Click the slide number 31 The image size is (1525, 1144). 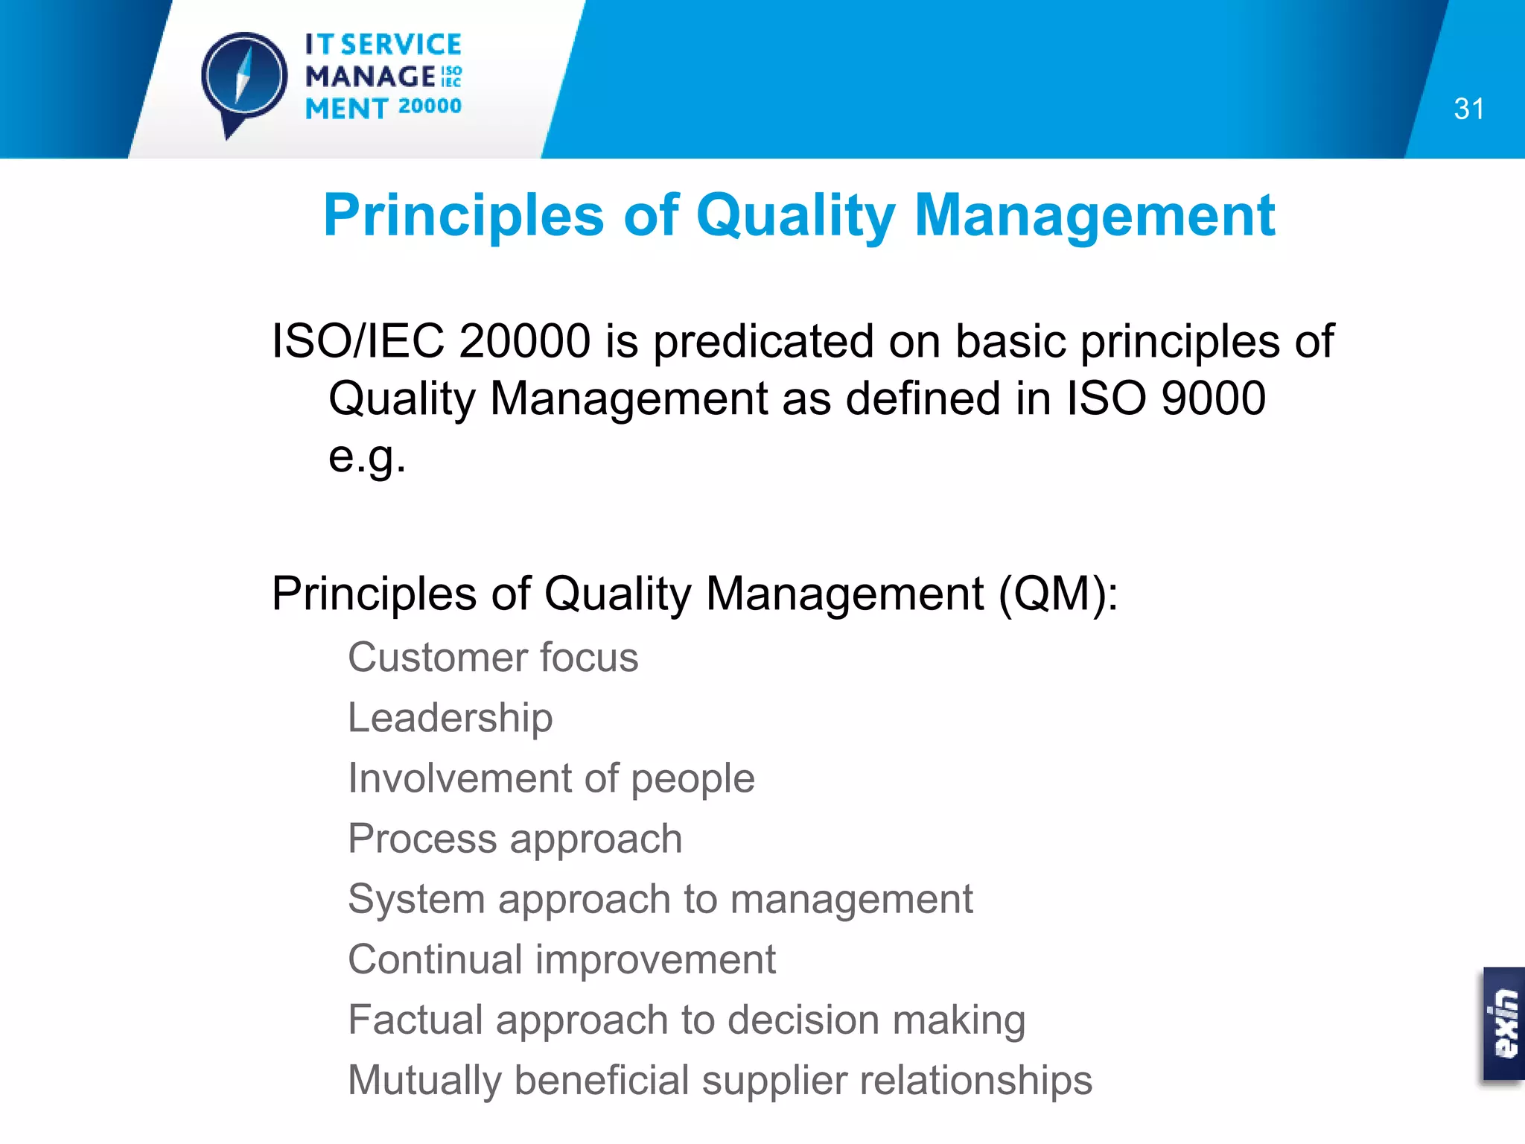coord(1468,109)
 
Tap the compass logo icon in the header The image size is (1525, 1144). coord(244,79)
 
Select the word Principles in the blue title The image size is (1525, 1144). coord(463,216)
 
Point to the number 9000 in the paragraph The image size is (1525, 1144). coord(1213,398)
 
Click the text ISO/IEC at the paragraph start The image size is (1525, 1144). coord(357,341)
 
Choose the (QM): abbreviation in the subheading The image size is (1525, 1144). coord(1057,594)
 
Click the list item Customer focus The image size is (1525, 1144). coord(493,658)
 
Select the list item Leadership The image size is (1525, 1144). coord(451,718)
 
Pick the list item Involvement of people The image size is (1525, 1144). coord(551,778)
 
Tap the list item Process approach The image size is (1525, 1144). coord(515,839)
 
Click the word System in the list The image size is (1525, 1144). coord(416,899)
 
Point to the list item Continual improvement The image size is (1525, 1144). coord(561,959)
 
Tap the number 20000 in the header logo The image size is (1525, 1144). coord(430,107)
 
